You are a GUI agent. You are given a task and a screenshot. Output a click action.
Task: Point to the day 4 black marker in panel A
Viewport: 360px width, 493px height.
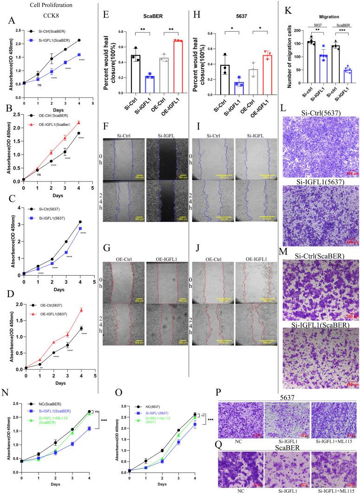79,40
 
